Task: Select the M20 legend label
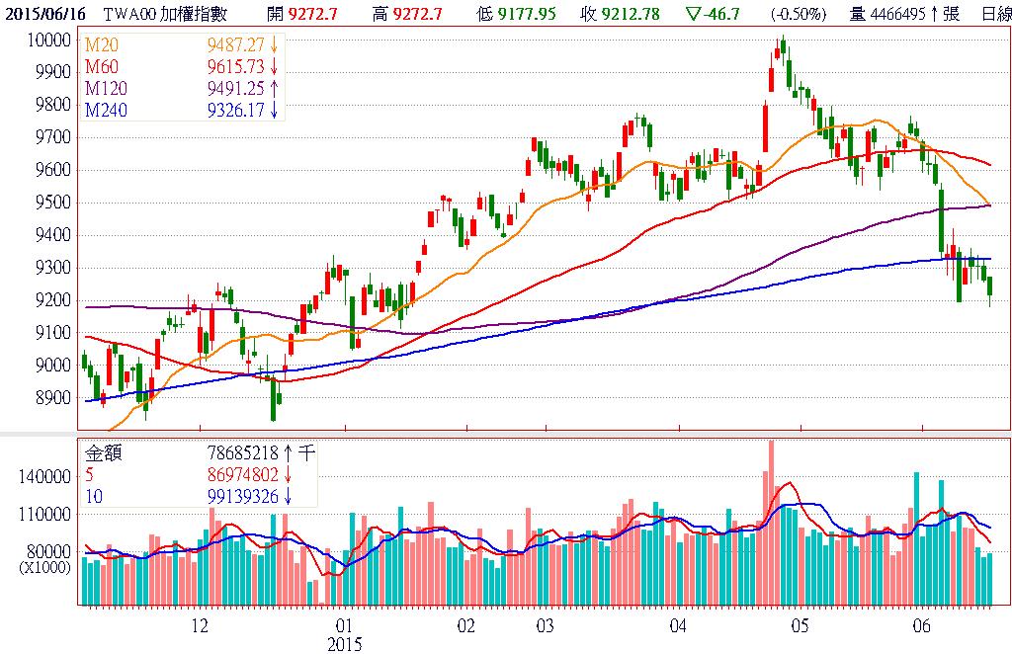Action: click(x=101, y=46)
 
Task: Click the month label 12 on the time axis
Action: click(x=201, y=627)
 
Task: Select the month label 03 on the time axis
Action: click(x=544, y=627)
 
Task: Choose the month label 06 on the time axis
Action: click(x=922, y=627)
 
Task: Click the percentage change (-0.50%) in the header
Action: click(x=799, y=13)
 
